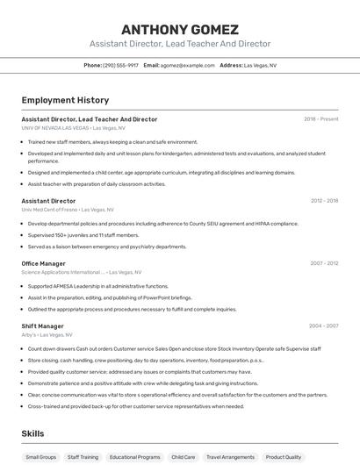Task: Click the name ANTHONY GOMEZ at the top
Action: (179, 29)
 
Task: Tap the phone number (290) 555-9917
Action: (120, 65)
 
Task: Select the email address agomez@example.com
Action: (187, 65)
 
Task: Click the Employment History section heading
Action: (65, 100)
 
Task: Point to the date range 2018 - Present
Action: (321, 119)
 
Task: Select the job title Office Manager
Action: (43, 263)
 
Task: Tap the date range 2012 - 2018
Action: (324, 201)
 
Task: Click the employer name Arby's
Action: (30, 335)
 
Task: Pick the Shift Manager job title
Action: (42, 326)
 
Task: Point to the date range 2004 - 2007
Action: (323, 326)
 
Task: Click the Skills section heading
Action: (32, 433)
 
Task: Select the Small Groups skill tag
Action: (40, 457)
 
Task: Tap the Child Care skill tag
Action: (184, 457)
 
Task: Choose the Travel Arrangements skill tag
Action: (230, 457)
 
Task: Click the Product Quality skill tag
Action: (284, 457)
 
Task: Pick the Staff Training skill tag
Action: (83, 457)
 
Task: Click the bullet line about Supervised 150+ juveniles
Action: (83, 235)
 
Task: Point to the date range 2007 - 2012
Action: (324, 263)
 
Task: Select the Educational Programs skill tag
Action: (135, 457)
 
